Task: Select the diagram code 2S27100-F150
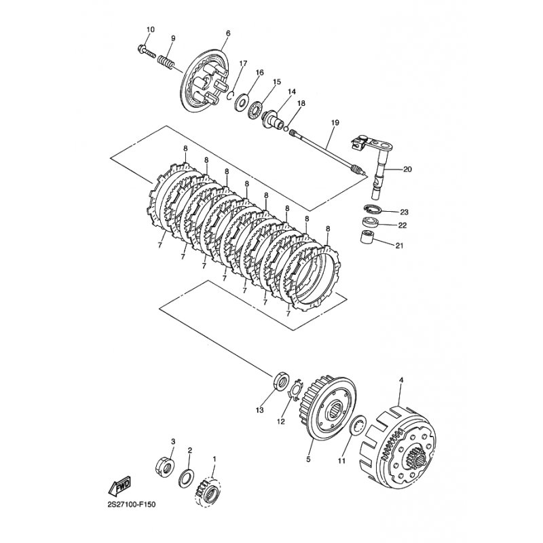pos(131,504)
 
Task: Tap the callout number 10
pos(151,29)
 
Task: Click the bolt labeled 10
pos(147,51)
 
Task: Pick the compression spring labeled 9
pos(166,62)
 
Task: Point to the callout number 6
pos(228,33)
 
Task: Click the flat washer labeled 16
pos(241,102)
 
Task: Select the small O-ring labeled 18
pos(286,129)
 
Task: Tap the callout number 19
pos(335,123)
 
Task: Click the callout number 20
pos(407,169)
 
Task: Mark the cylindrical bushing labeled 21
pos(367,237)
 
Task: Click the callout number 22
pos(402,225)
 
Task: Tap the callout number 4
pos(401,380)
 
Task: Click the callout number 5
pos(309,460)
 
